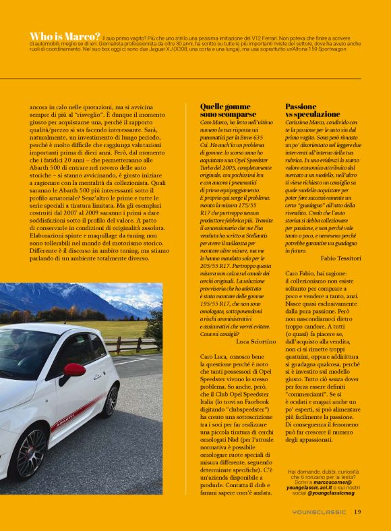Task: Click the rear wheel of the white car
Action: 111,401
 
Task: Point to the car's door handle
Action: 97,376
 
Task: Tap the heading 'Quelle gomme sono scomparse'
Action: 225,111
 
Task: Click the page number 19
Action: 357,511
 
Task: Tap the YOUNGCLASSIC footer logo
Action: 319,512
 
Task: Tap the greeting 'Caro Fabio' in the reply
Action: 300,273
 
